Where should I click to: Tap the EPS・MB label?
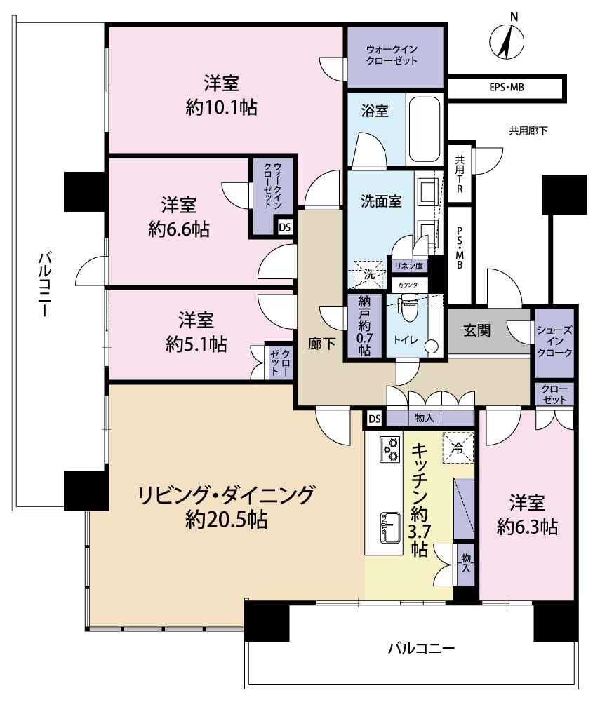coord(507,88)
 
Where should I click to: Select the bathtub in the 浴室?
coord(424,129)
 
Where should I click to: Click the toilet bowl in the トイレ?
coord(408,308)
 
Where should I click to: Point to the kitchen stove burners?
coord(389,449)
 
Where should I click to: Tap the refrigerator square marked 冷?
coord(458,447)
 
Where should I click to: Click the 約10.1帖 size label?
coord(221,107)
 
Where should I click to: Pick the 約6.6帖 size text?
coord(179,229)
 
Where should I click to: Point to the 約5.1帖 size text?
coord(196,344)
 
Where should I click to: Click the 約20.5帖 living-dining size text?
coord(227,520)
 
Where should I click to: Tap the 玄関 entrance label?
coord(476,330)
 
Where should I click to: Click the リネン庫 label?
coord(408,266)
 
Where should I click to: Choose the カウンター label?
coord(410,285)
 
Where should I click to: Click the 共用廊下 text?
coord(528,130)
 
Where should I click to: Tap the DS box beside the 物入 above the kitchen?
coord(375,419)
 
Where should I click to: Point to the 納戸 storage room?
coord(365,325)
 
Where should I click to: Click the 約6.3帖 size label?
coord(527,527)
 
